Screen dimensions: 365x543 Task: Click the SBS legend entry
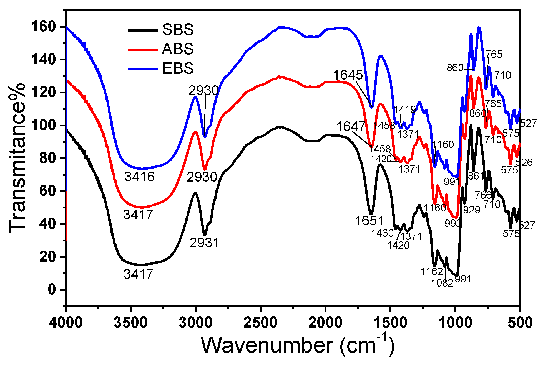tap(177, 29)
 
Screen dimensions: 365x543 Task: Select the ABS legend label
tap(177, 49)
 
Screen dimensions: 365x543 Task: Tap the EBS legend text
tap(177, 68)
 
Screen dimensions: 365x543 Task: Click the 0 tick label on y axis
tap(52, 290)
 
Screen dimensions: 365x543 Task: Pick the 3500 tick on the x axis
tap(130, 323)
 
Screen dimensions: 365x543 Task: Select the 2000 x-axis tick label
tap(325, 323)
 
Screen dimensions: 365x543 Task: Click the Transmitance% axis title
tap(17, 158)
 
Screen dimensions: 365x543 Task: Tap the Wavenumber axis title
tap(297, 345)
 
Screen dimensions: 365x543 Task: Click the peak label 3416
tap(139, 177)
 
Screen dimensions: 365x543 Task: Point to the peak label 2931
tap(204, 243)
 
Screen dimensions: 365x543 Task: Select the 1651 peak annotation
tap(369, 221)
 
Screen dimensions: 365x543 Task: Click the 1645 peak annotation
tap(348, 75)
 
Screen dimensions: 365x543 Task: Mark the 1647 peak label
tap(351, 127)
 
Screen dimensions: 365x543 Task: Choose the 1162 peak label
tap(431, 272)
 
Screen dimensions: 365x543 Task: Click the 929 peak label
tap(472, 210)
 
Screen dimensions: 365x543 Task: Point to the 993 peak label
tap(452, 223)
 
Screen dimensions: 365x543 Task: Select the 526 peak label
tap(524, 162)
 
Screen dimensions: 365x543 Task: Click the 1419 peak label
tap(404, 109)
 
